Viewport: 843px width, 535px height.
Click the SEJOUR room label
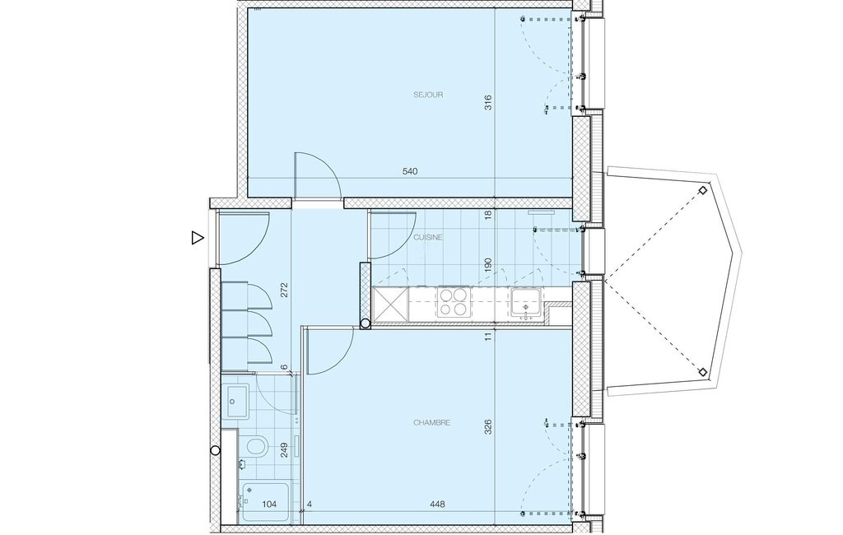click(428, 95)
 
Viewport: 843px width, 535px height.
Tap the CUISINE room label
click(428, 237)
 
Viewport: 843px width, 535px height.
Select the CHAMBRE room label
click(431, 422)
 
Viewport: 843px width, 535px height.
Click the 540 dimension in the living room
click(410, 171)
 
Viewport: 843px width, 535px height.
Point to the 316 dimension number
click(488, 103)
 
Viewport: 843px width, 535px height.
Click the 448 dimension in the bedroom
click(438, 505)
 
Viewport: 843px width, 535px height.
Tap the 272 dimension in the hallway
click(284, 290)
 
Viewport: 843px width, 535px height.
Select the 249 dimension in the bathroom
click(284, 449)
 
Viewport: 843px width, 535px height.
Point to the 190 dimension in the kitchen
click(488, 266)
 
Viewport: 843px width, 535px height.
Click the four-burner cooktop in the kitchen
click(454, 301)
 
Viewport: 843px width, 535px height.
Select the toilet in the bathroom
click(256, 446)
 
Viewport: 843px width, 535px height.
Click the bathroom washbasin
click(236, 401)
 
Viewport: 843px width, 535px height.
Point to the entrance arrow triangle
click(198, 238)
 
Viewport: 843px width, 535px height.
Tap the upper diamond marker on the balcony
click(702, 190)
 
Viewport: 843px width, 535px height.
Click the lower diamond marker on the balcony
click(702, 372)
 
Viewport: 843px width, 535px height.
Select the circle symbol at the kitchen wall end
click(365, 323)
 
